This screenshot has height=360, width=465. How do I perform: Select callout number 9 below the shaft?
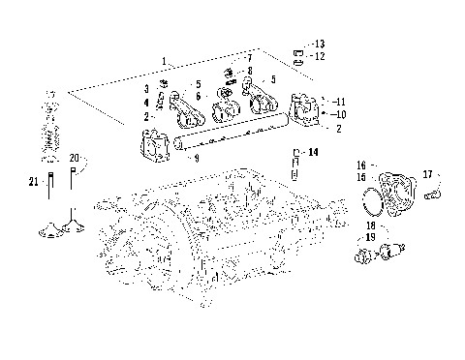click(197, 157)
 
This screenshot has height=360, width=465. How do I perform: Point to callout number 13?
click(321, 45)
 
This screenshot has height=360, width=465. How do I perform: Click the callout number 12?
click(321, 56)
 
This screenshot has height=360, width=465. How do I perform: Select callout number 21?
click(32, 179)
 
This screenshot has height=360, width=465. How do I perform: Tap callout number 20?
click(75, 158)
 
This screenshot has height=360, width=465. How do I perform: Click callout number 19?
click(371, 236)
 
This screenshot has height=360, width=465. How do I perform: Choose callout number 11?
click(338, 101)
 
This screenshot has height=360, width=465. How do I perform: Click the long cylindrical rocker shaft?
click(232, 134)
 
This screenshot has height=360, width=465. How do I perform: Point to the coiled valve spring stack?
click(51, 131)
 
